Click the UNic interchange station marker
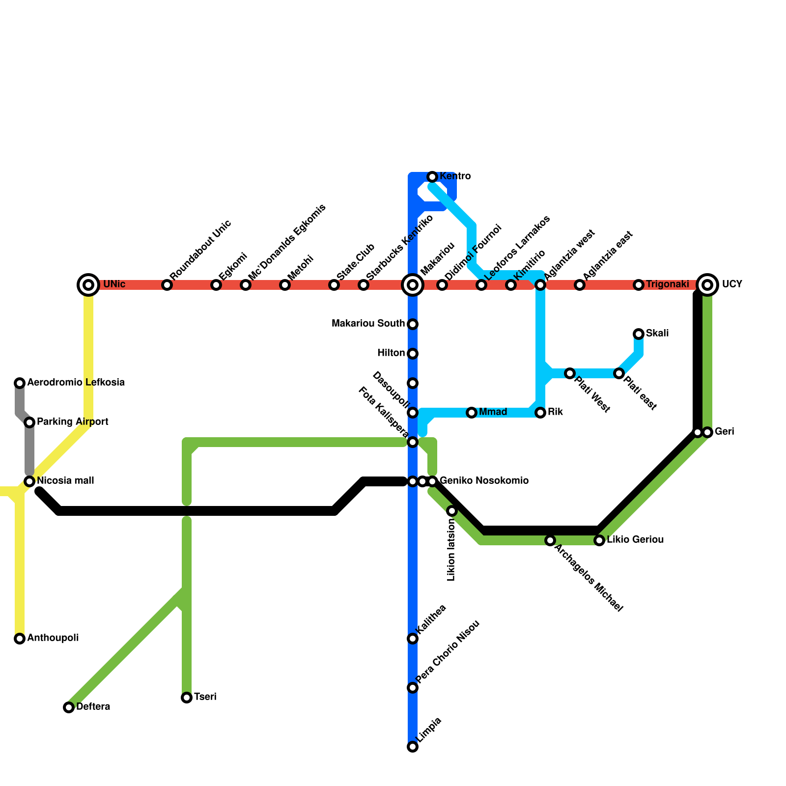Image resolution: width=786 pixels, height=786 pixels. point(88,284)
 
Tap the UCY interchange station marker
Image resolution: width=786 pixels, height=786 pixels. point(707,284)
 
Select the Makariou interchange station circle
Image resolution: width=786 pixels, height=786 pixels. point(413,284)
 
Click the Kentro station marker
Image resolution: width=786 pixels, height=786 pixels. point(432,176)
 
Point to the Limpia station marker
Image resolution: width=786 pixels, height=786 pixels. point(413,747)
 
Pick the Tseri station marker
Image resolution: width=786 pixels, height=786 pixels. point(187,698)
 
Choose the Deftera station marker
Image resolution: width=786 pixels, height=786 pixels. point(69,707)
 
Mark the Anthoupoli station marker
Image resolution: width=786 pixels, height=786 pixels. point(20,639)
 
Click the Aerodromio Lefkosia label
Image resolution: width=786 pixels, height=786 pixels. point(76,383)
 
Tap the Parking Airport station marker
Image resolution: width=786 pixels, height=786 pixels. point(29,422)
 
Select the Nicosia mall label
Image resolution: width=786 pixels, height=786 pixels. point(65,481)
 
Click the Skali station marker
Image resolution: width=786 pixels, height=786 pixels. point(639,334)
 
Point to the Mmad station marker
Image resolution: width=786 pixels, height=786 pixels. point(472,413)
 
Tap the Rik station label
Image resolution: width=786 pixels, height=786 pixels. point(555,412)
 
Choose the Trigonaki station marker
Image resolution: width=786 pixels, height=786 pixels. point(639,285)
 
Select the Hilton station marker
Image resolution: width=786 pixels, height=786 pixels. point(413,354)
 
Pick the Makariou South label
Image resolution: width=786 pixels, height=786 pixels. point(368,324)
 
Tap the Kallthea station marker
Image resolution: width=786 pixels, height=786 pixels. point(413,639)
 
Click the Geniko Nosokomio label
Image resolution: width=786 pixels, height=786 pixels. point(484,481)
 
